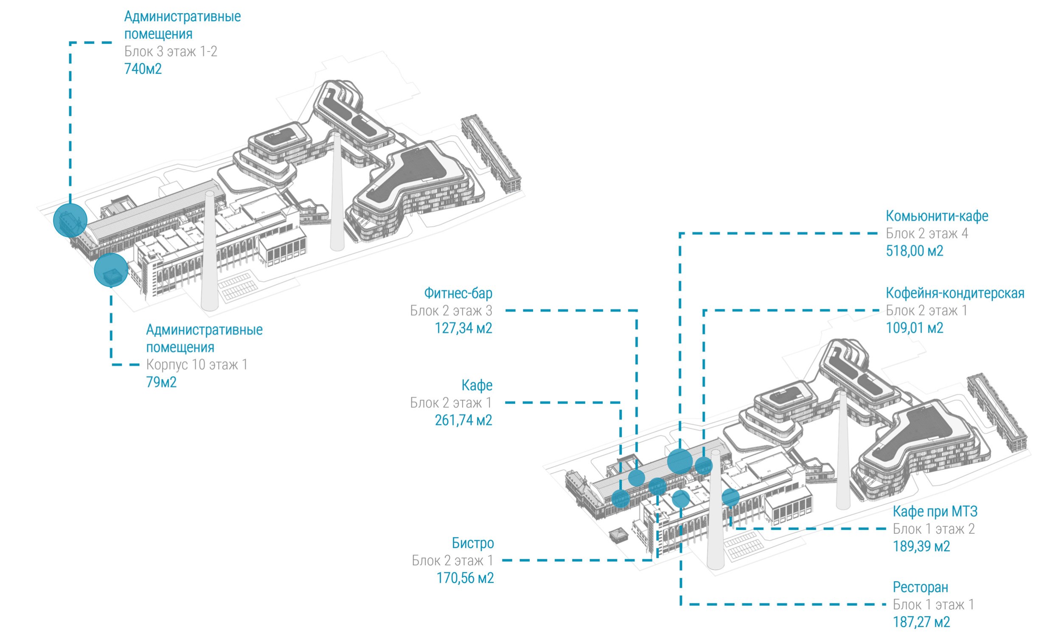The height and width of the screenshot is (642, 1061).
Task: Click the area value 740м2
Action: click(x=143, y=69)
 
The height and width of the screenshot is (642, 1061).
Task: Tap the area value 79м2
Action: click(x=161, y=382)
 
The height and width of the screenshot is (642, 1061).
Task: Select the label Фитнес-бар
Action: click(x=458, y=293)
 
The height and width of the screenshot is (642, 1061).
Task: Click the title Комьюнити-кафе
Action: click(x=937, y=216)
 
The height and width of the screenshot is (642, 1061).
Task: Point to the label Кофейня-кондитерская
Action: click(x=954, y=293)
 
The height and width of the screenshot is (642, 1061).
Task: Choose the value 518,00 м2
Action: click(x=914, y=251)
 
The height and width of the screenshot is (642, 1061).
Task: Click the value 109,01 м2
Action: click(x=914, y=328)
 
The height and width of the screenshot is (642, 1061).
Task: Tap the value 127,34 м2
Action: click(x=463, y=328)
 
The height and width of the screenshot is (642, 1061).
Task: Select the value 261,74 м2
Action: click(x=463, y=420)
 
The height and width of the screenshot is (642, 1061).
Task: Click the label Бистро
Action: click(x=472, y=543)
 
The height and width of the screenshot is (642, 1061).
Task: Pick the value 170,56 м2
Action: click(x=465, y=578)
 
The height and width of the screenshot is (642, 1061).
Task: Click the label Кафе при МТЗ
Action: click(x=935, y=512)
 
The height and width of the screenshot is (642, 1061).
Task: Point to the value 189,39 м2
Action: click(x=921, y=547)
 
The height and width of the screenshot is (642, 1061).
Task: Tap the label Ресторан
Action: click(x=920, y=587)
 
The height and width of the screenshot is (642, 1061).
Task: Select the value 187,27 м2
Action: click(x=921, y=622)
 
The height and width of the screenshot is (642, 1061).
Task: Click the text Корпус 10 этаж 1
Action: click(x=197, y=364)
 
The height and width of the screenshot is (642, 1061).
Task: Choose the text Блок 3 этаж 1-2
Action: click(x=171, y=52)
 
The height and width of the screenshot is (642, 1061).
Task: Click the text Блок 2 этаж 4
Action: click(x=926, y=233)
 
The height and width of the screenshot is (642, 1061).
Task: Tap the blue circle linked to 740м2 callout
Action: click(x=70, y=220)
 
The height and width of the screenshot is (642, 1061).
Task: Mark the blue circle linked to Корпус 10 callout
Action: click(x=111, y=269)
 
